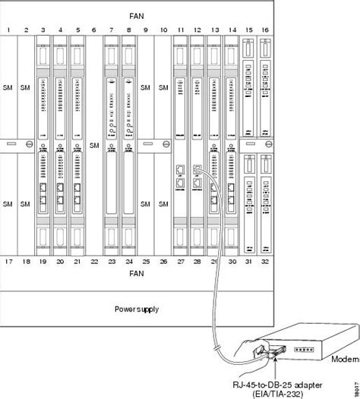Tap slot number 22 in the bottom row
[95, 261]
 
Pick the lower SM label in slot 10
[163, 203]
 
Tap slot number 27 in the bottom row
[180, 261]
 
